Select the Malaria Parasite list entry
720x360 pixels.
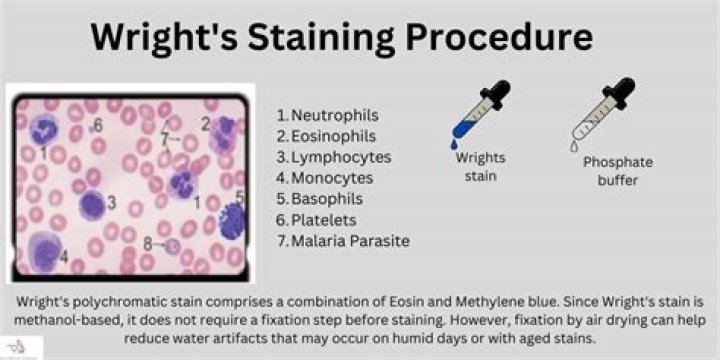(x=349, y=241)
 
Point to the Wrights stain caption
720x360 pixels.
(x=480, y=166)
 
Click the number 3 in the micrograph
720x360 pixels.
(x=112, y=204)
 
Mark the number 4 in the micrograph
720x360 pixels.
(x=64, y=256)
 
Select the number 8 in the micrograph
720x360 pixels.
(x=148, y=243)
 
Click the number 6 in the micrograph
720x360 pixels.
(x=98, y=125)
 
